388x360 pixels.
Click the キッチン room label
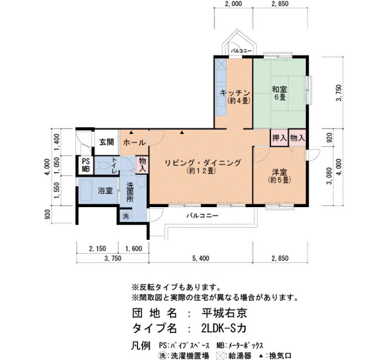click(235, 93)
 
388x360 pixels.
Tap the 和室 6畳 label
click(279, 92)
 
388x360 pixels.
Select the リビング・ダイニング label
click(203, 163)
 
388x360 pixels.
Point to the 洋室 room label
click(279, 172)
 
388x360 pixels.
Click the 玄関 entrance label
click(106, 142)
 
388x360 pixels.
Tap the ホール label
click(134, 142)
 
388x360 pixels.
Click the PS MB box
click(86, 165)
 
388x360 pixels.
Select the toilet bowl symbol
click(103, 165)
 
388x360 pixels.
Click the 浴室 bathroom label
click(105, 191)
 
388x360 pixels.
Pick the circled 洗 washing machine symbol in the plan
click(126, 217)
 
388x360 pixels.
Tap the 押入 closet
click(279, 138)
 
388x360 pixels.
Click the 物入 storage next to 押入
click(298, 138)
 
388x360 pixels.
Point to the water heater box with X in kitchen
click(221, 64)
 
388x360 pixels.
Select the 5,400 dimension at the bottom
click(201, 259)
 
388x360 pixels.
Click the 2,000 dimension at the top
click(233, 4)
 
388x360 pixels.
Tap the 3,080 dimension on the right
click(329, 176)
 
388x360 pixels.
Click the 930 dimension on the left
click(48, 214)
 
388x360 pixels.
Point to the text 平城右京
click(224, 313)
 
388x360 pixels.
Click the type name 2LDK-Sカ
click(224, 328)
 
